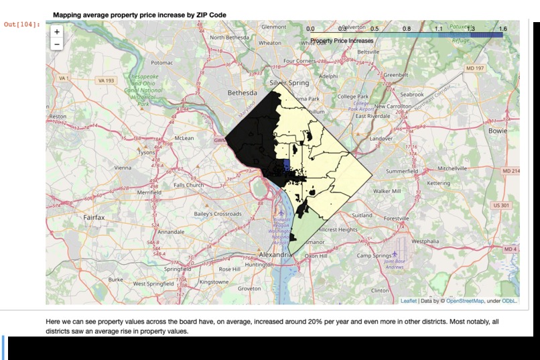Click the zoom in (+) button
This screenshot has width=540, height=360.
click(x=56, y=32)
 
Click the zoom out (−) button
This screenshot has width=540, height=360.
click(x=56, y=44)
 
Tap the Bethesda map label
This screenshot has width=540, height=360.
click(x=242, y=93)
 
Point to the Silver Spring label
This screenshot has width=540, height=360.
click(x=289, y=83)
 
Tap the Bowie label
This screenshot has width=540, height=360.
click(x=498, y=131)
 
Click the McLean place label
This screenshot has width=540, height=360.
click(x=184, y=138)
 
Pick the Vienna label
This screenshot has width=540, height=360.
click(x=123, y=168)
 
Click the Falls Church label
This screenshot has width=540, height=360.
click(x=188, y=185)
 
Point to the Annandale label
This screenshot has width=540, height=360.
click(x=171, y=232)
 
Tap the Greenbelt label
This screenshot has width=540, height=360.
click(x=395, y=75)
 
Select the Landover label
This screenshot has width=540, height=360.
click(x=381, y=138)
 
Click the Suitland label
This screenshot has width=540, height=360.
click(x=362, y=216)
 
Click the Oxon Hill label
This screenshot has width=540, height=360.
click(x=316, y=256)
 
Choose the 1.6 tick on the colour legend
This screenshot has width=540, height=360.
click(x=502, y=29)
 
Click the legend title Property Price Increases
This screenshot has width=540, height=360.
click(x=342, y=41)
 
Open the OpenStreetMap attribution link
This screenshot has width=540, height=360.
click(x=465, y=301)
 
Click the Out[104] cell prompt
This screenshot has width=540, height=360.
click(x=22, y=25)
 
